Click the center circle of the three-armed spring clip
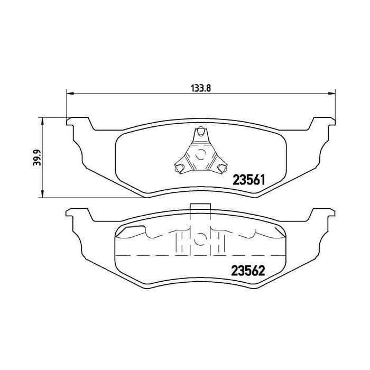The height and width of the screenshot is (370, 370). click(200, 155)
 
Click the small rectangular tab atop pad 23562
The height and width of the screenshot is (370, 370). click(200, 209)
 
